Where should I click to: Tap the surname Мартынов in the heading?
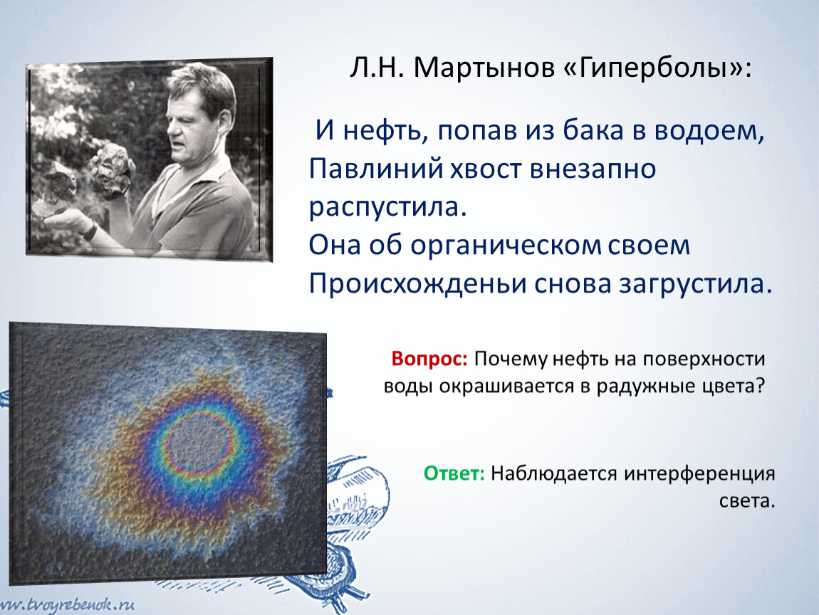(x=484, y=68)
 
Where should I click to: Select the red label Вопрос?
(x=429, y=359)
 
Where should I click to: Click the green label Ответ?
(x=454, y=473)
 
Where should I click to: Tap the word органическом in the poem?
(x=506, y=246)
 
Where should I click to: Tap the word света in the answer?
(x=747, y=501)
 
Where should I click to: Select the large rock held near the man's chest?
(x=113, y=170)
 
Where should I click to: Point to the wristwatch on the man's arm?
(x=90, y=231)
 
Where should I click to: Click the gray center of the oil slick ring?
(x=199, y=443)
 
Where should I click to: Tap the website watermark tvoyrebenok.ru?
(x=68, y=606)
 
